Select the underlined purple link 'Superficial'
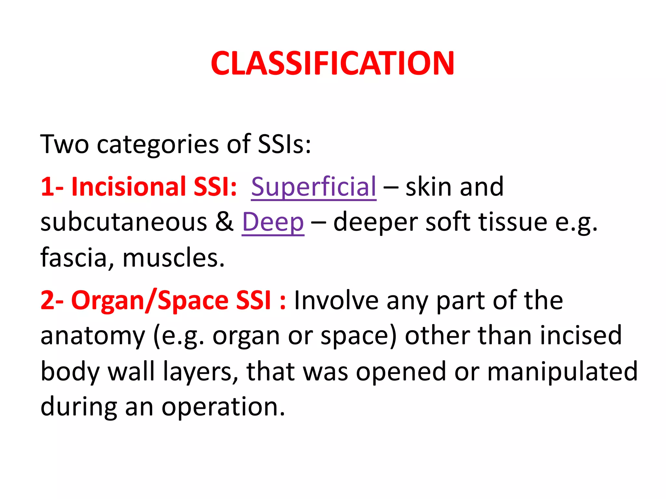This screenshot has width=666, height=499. coord(313,187)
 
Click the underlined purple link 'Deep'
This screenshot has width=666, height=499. coord(273,222)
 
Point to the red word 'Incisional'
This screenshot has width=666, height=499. coord(128,187)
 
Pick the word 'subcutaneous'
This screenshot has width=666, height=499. coord(124,222)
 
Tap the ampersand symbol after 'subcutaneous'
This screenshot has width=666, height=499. coord(224,222)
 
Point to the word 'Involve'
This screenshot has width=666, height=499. coord(336,301)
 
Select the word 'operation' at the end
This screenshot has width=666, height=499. coord(223,407)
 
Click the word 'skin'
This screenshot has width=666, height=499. coord(429,187)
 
